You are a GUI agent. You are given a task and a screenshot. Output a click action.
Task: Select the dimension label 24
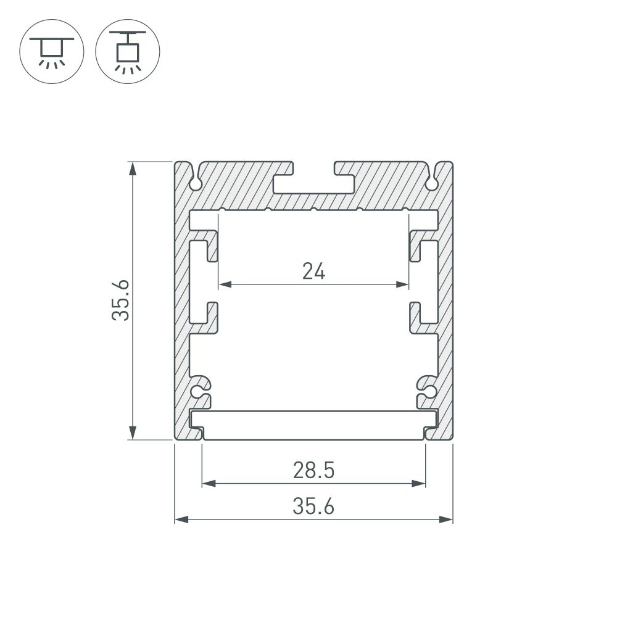[x=314, y=270]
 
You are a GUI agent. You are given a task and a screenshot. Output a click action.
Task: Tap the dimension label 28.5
[x=314, y=471]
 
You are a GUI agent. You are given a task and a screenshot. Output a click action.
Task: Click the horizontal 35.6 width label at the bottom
[x=314, y=507]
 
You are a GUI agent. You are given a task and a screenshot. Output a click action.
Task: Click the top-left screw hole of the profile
[x=196, y=183]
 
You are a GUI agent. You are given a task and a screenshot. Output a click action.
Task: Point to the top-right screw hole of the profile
[x=433, y=183]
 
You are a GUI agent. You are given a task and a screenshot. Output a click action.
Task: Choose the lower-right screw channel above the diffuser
[x=429, y=391]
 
